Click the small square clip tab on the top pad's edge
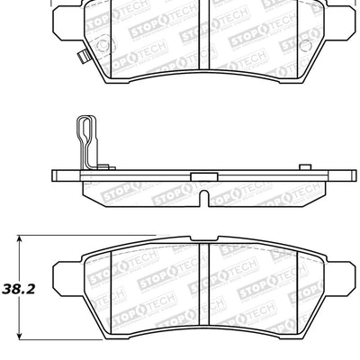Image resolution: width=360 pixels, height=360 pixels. point(81,62)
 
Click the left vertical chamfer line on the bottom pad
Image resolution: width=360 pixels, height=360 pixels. point(111,292)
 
